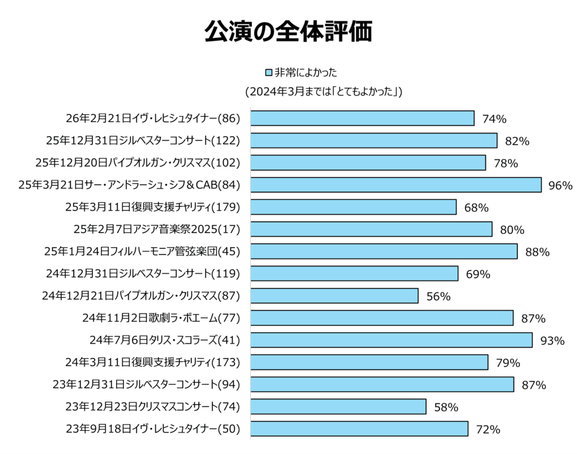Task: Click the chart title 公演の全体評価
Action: tap(288, 32)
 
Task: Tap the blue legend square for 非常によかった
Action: tap(269, 73)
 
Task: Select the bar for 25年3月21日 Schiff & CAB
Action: tap(396, 185)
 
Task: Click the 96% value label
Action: tap(560, 185)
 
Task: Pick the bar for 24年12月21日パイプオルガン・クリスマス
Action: tap(334, 296)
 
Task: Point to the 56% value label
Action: tap(438, 296)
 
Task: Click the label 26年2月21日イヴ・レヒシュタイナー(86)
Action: tap(153, 119)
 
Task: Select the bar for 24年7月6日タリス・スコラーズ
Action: tap(391, 340)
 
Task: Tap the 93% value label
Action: tap(552, 341)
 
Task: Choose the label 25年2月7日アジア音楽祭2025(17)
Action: tap(157, 229)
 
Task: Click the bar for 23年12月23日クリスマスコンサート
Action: tap(338, 407)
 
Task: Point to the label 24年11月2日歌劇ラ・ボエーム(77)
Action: tap(161, 318)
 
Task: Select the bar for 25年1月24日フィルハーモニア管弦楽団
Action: tap(384, 251)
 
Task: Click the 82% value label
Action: tap(517, 141)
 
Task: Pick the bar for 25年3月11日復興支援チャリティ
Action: tap(353, 207)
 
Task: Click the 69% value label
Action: tap(478, 274)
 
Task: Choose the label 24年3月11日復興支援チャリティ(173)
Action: tap(153, 362)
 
